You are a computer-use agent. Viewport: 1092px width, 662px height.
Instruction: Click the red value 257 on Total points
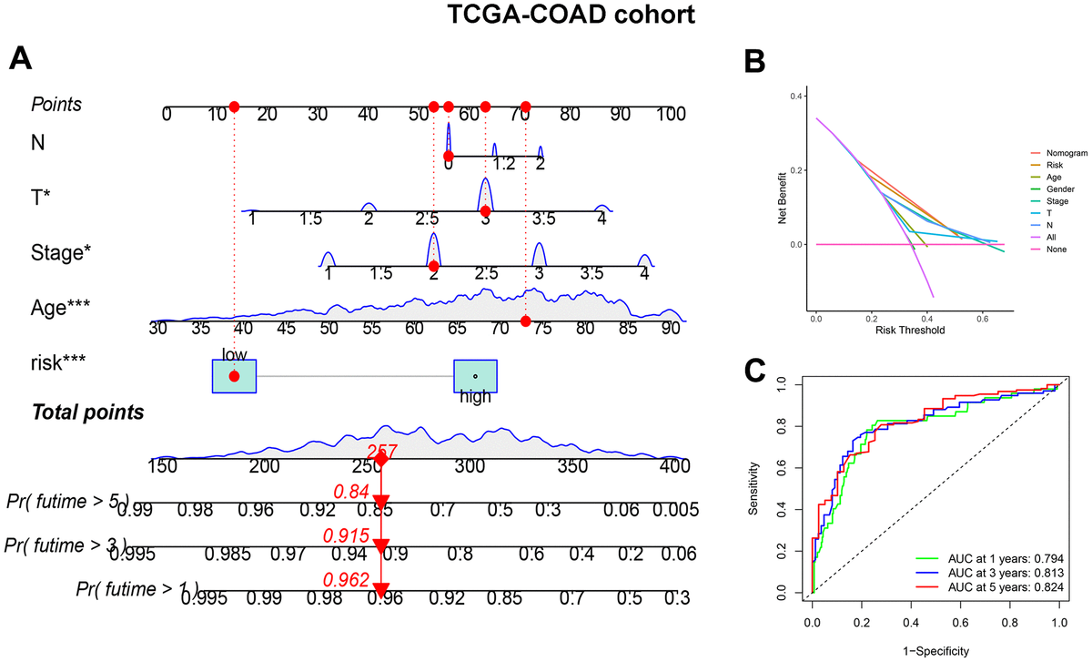(382, 452)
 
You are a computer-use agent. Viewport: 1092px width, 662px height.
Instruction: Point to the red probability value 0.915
(347, 536)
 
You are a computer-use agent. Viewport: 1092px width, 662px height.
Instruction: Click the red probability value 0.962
(347, 579)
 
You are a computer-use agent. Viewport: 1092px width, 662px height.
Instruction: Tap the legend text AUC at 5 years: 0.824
(990, 591)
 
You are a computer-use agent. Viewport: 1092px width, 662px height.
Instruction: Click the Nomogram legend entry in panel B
(1066, 154)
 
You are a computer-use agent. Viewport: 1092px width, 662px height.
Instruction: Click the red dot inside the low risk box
(235, 376)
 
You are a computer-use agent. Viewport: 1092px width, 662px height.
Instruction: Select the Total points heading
(88, 412)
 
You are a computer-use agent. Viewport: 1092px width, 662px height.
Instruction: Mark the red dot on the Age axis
(526, 321)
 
